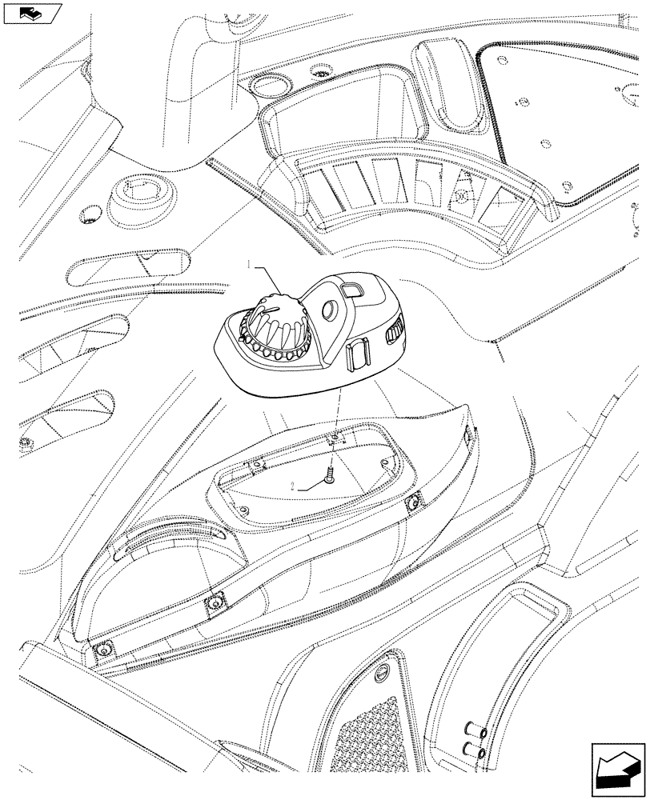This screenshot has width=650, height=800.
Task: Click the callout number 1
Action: (x=251, y=263)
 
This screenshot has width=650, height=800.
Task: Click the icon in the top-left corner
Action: (x=32, y=12)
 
